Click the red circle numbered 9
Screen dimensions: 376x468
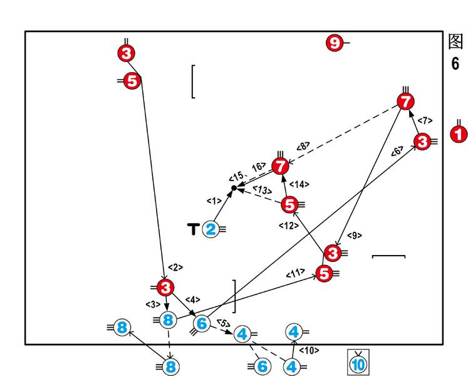pyautogui.click(x=335, y=43)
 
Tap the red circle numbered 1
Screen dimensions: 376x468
pyautogui.click(x=459, y=134)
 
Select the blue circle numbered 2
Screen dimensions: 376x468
pyautogui.click(x=211, y=229)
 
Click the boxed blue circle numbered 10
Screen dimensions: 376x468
pyautogui.click(x=359, y=363)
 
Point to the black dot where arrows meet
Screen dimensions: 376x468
pyautogui.click(x=234, y=187)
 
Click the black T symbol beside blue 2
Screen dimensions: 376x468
pyautogui.click(x=193, y=229)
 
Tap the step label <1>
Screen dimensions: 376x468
pyautogui.click(x=214, y=201)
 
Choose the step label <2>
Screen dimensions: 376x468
pyautogui.click(x=175, y=268)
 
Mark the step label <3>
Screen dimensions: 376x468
pyautogui.click(x=153, y=305)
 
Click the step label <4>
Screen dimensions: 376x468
pyautogui.click(x=192, y=300)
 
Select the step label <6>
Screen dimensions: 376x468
pyautogui.click(x=397, y=151)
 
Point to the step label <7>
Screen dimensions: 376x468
pyautogui.click(x=424, y=120)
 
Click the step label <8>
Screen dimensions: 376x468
pyautogui.click(x=303, y=146)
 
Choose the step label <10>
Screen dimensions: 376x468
pyautogui.click(x=309, y=350)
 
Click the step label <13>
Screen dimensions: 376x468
pyautogui.click(x=262, y=189)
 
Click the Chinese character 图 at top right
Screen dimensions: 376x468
pyautogui.click(x=455, y=41)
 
